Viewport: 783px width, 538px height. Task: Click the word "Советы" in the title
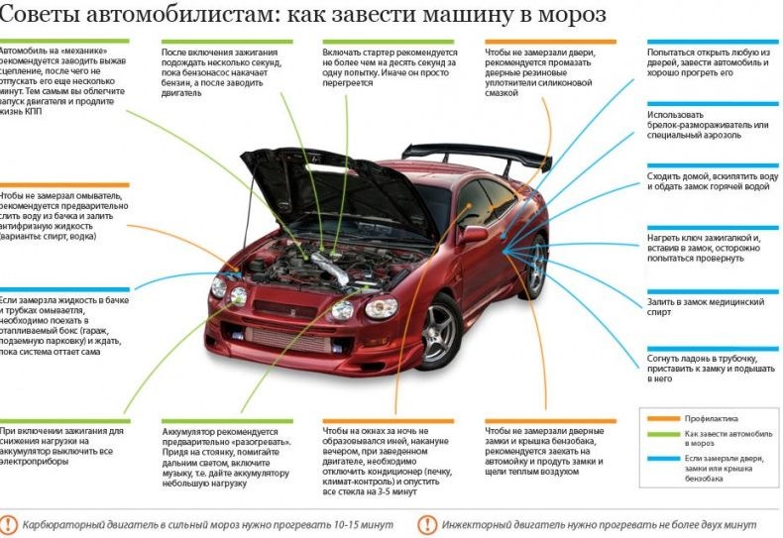click(x=34, y=16)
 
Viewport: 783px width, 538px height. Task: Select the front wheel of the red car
click(x=439, y=331)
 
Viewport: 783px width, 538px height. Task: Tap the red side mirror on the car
click(x=474, y=235)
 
